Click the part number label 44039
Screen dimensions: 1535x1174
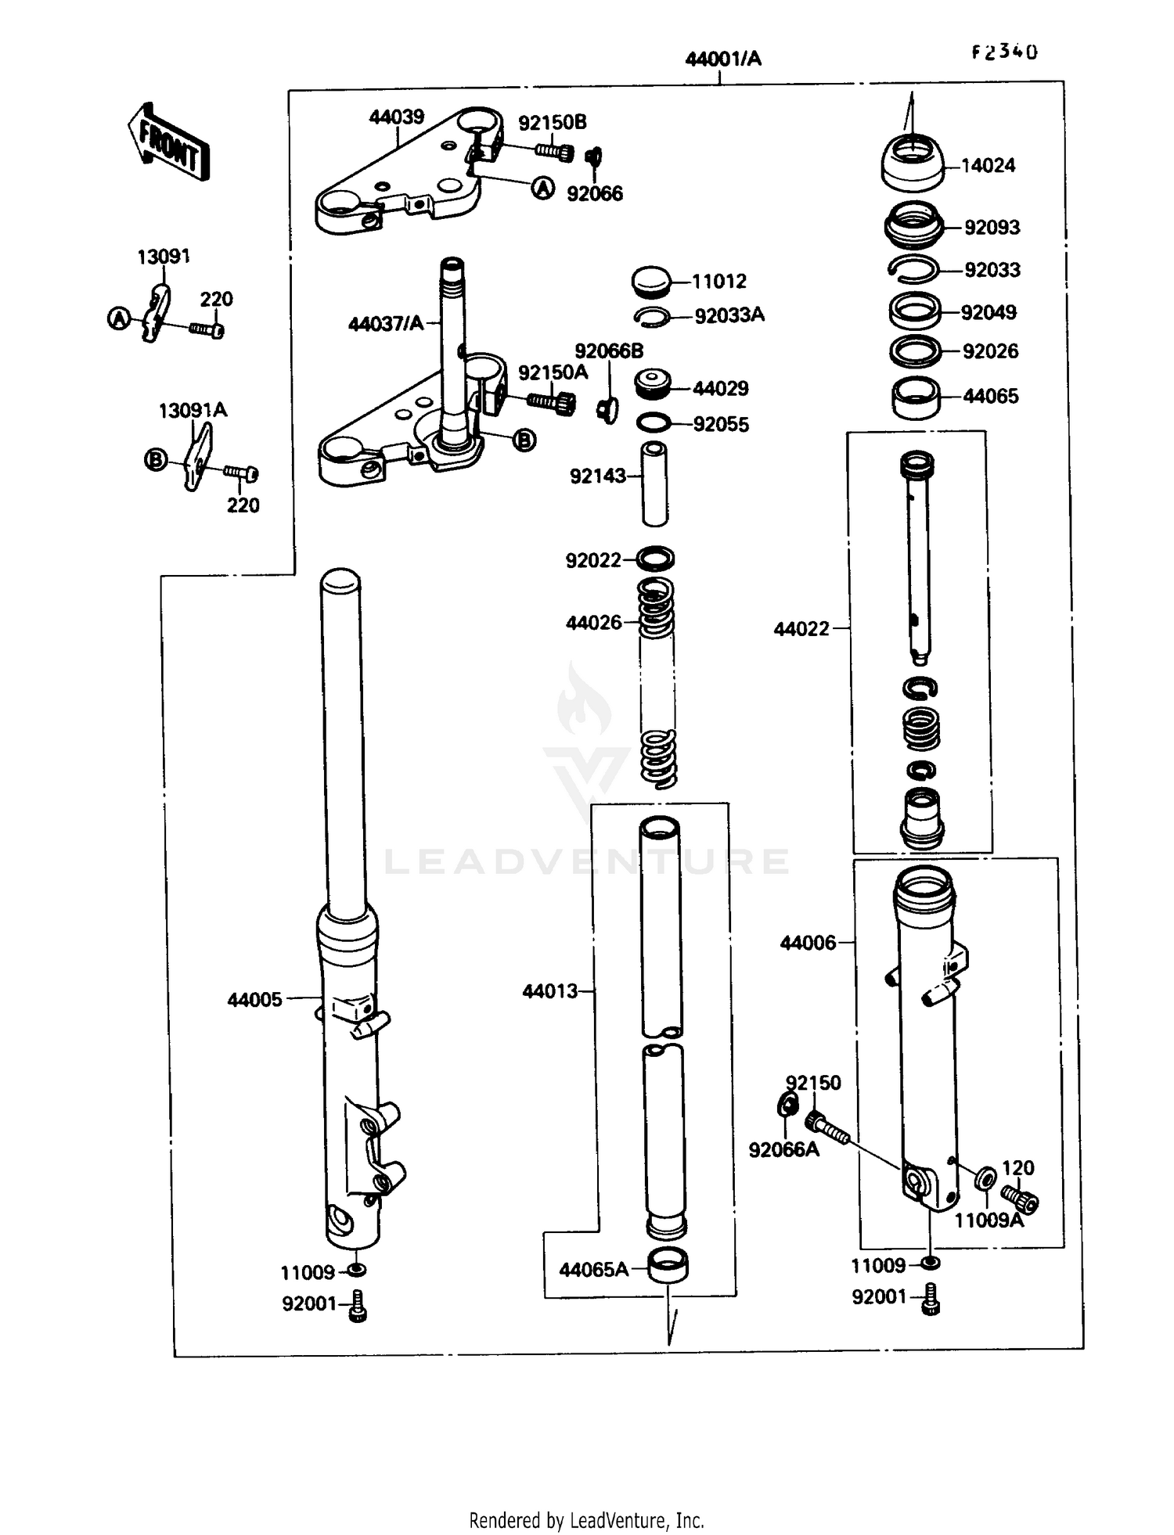click(x=396, y=117)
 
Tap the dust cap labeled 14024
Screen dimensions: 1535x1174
click(x=912, y=164)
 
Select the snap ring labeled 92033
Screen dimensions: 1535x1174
click(x=913, y=268)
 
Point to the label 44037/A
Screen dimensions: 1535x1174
click(x=385, y=323)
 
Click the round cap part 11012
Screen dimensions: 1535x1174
click(x=650, y=281)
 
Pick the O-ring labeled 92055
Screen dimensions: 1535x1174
click(x=654, y=423)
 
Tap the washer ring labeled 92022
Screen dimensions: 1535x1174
click(x=655, y=559)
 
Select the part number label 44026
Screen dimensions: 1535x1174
click(x=593, y=623)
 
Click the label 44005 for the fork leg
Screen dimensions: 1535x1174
click(x=254, y=999)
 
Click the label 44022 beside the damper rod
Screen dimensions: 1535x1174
click(x=801, y=629)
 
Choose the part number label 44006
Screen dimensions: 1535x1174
click(x=808, y=943)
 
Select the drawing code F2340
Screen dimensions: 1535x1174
click(x=1004, y=52)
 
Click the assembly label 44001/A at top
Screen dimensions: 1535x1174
click(x=722, y=59)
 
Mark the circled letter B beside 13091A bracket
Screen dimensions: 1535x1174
click(x=156, y=460)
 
